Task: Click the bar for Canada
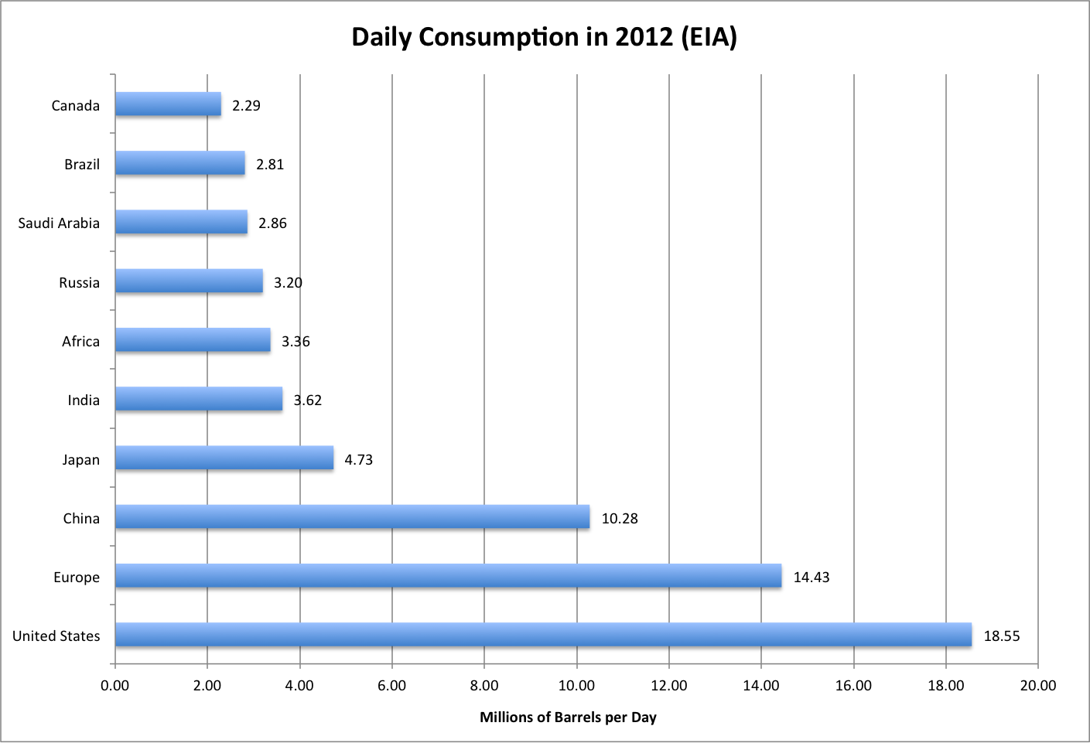pyautogui.click(x=169, y=104)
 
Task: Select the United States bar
pyautogui.click(x=544, y=635)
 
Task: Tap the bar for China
pyautogui.click(x=353, y=516)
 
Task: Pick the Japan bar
pyautogui.click(x=225, y=458)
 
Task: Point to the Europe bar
pyautogui.click(x=449, y=576)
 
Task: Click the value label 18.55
pyautogui.click(x=1002, y=636)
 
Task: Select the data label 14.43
pyautogui.click(x=812, y=578)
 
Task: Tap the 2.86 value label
pyautogui.click(x=272, y=223)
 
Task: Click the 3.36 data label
pyautogui.click(x=296, y=342)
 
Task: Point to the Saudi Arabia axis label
pyautogui.click(x=59, y=223)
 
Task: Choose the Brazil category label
pyautogui.click(x=82, y=165)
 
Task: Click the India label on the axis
pyautogui.click(x=84, y=400)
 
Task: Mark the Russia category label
pyautogui.click(x=80, y=282)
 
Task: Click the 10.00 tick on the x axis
pyautogui.click(x=576, y=686)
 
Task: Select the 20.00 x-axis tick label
pyautogui.click(x=1038, y=686)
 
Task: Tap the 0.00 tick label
pyautogui.click(x=114, y=686)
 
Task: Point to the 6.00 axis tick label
pyautogui.click(x=391, y=686)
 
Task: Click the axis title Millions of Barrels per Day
pyautogui.click(x=568, y=717)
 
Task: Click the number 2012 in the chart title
pyautogui.click(x=644, y=37)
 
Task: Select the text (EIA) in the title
pyautogui.click(x=709, y=37)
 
